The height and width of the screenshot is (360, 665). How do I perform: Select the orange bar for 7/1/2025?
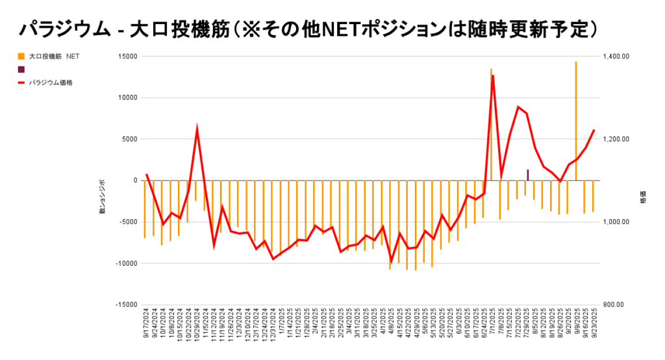click(x=491, y=123)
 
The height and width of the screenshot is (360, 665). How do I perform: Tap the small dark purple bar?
click(x=527, y=175)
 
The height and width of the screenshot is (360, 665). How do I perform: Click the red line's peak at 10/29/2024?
click(x=197, y=129)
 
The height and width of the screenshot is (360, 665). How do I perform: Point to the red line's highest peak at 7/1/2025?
click(x=493, y=76)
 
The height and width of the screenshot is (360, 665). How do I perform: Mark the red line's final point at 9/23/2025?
click(x=594, y=130)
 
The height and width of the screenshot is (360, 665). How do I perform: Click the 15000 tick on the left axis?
click(x=128, y=57)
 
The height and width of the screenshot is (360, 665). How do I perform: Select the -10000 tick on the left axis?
click(x=126, y=263)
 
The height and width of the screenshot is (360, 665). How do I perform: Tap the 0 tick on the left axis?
click(x=135, y=181)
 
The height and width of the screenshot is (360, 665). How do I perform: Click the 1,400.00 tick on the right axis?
click(x=616, y=57)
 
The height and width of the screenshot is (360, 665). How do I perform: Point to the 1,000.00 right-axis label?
click(x=616, y=222)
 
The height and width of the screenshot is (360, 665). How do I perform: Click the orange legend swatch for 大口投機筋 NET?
click(x=21, y=57)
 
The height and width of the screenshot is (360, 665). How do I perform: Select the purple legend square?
click(x=21, y=70)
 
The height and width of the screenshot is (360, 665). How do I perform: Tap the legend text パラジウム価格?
click(x=51, y=83)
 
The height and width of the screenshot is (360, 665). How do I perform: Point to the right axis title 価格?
click(x=643, y=197)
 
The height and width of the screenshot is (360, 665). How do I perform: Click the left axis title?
click(x=102, y=197)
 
